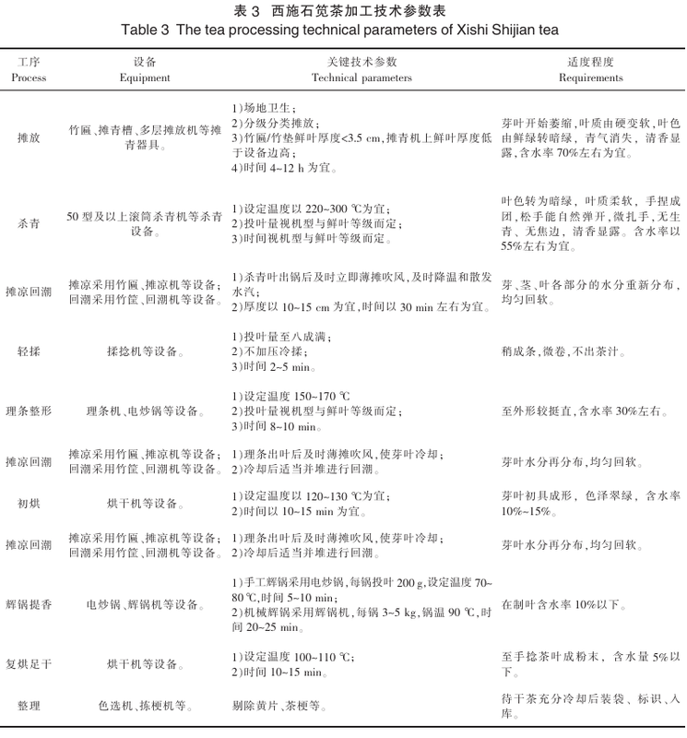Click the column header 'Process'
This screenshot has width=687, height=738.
[29, 78]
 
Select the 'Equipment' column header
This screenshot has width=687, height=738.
[145, 78]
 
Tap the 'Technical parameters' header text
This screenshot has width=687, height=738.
[361, 78]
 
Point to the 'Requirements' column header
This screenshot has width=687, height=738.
[591, 78]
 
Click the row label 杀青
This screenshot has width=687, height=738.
[29, 223]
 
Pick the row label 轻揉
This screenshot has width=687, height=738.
[29, 351]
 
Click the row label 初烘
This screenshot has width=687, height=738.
[29, 503]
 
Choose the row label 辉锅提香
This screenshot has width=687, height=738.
[29, 605]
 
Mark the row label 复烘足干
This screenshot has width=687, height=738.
[29, 664]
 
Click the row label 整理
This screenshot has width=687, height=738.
[29, 707]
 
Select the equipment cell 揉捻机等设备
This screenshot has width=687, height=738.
[145, 351]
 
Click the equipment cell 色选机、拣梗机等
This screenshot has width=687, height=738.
[145, 707]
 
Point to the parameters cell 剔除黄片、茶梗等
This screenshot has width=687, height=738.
[277, 707]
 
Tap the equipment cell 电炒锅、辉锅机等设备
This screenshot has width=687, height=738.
[145, 605]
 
